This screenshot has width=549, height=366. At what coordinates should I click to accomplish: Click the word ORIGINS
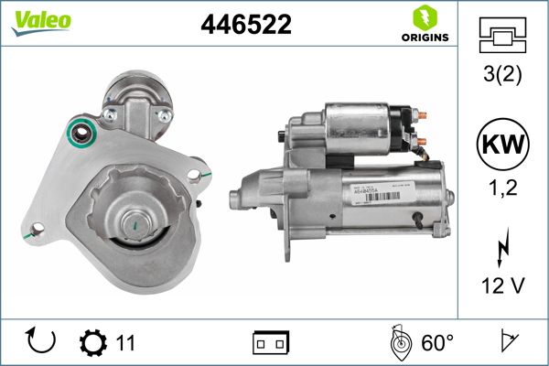point(424,38)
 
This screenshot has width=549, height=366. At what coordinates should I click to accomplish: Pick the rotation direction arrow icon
point(41,342)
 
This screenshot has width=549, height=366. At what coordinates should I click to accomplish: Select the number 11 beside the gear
point(125,343)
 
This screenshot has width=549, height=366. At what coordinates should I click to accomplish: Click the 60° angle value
point(437,343)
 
